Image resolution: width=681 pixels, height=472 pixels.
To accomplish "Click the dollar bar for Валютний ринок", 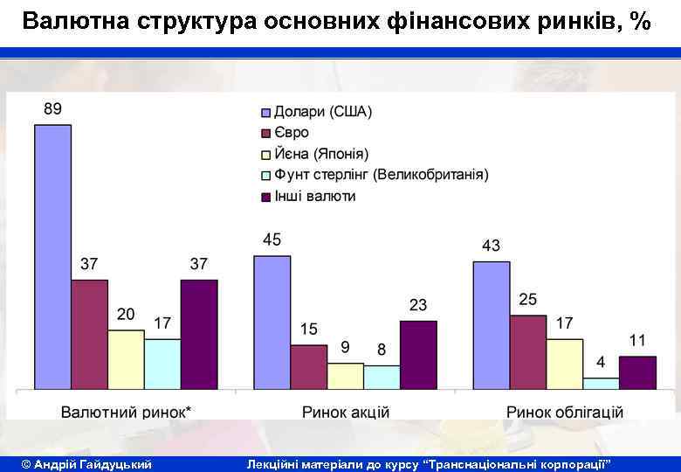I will [x=53, y=257].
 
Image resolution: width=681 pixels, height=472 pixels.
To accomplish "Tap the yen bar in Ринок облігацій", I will [x=564, y=364].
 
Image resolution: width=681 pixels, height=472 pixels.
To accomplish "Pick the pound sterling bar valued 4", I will [x=601, y=383].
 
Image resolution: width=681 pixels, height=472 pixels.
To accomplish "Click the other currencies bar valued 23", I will [x=418, y=354].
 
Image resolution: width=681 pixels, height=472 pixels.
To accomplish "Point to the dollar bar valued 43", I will [x=491, y=324].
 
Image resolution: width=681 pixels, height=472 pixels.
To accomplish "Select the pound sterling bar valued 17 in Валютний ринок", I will [x=162, y=364].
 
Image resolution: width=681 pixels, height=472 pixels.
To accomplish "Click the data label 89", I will [x=52, y=109].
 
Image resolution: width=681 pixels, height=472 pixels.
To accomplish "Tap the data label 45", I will [x=272, y=239].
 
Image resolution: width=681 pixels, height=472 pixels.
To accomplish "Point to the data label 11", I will [x=637, y=340].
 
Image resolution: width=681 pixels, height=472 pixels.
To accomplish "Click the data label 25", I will [x=527, y=299].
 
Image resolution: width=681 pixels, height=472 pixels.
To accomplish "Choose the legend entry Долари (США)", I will [x=323, y=112].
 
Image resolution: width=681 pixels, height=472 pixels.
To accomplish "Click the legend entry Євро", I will [x=292, y=133].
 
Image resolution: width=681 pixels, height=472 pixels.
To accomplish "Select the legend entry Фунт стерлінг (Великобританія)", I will [x=382, y=175].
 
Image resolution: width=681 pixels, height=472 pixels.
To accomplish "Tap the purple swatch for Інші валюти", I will [x=266, y=197].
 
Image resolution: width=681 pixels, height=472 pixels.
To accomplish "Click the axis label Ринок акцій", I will [x=346, y=412].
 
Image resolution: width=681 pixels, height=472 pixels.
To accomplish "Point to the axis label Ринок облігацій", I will [x=564, y=412].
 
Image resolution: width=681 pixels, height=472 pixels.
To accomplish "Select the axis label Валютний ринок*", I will [x=127, y=412].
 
